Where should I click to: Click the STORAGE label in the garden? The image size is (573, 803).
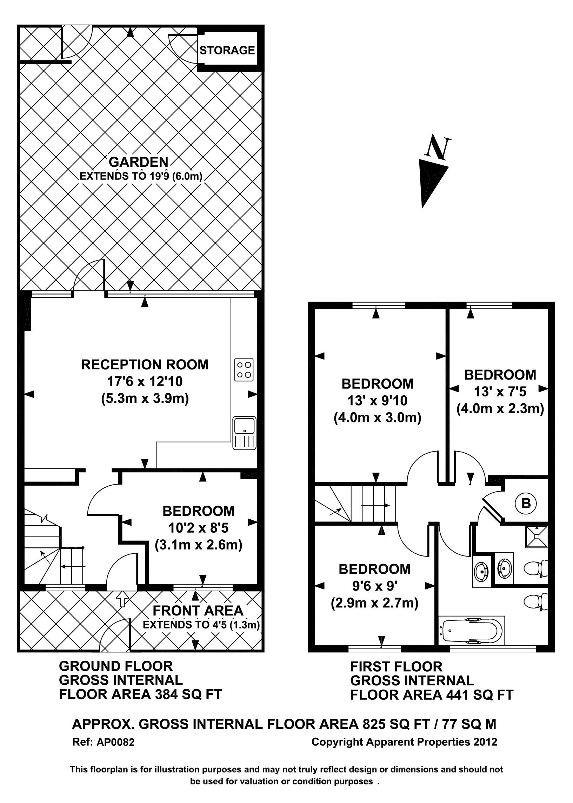(x=227, y=50)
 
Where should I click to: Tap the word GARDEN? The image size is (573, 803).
(x=138, y=162)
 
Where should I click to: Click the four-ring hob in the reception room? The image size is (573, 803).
(x=244, y=370)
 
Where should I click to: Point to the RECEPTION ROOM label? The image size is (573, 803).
(x=145, y=364)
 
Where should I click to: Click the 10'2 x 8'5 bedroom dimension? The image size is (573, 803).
(x=198, y=528)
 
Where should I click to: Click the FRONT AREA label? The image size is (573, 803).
(x=198, y=611)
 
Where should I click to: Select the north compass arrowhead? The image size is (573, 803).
(x=431, y=181)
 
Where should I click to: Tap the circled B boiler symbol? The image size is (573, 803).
(x=526, y=503)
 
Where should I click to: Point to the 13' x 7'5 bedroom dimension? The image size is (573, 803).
(x=500, y=391)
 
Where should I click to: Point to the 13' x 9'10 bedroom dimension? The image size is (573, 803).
(x=377, y=401)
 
